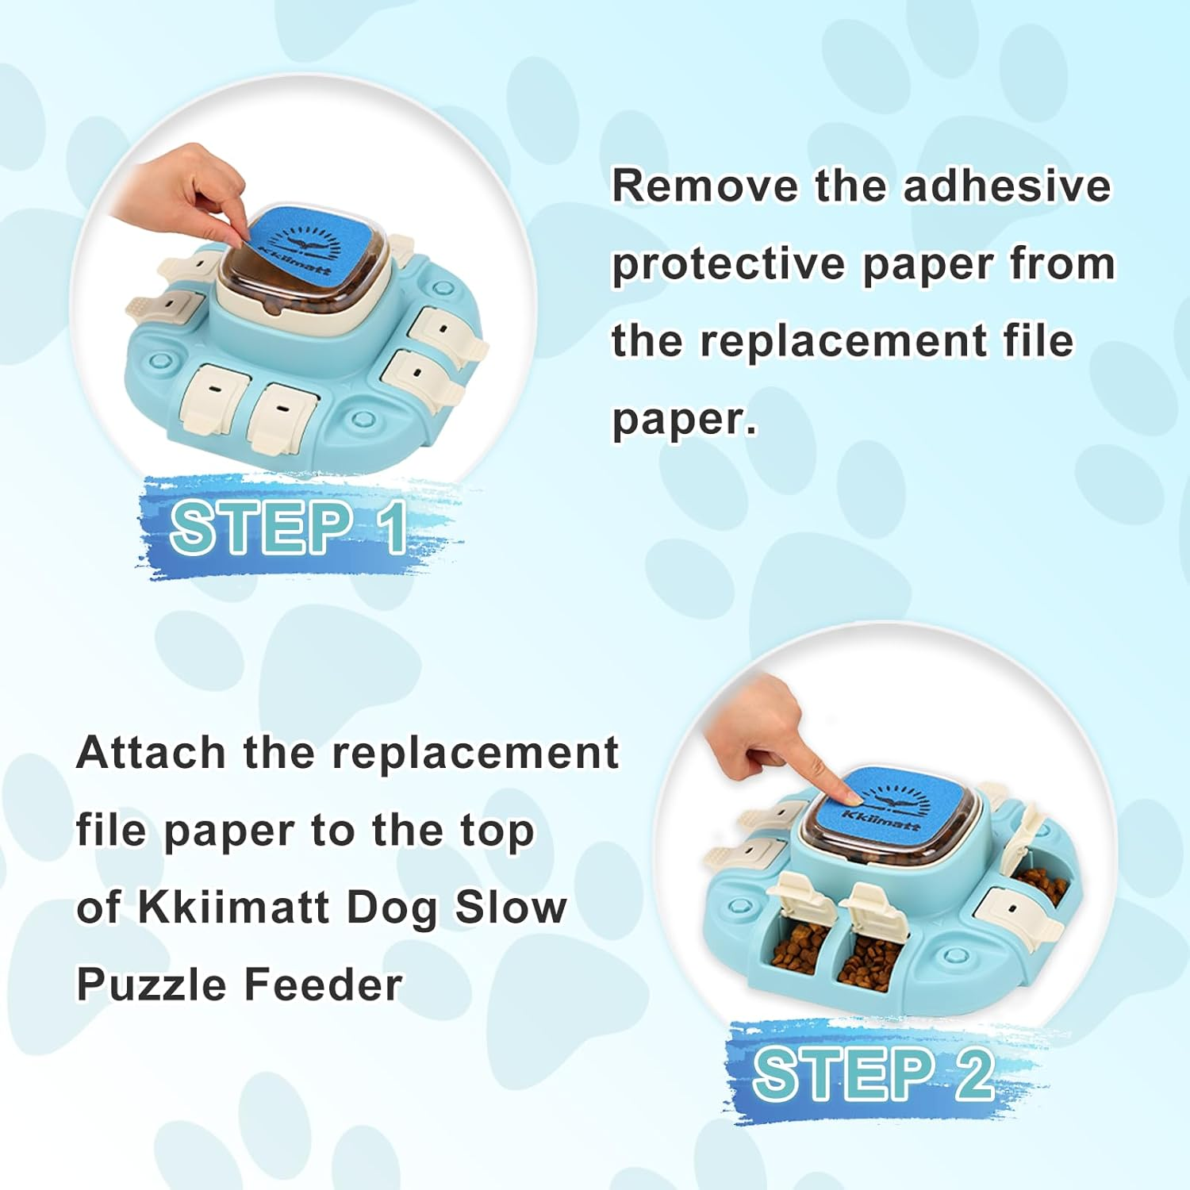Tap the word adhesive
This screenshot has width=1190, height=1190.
click(1007, 186)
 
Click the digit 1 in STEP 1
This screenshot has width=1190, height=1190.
click(394, 528)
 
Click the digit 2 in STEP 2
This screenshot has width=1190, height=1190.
click(973, 1074)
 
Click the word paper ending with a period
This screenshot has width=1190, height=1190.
click(684, 420)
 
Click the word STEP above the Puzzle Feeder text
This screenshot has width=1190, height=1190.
click(262, 528)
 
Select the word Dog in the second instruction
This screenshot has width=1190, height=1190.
click(392, 908)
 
